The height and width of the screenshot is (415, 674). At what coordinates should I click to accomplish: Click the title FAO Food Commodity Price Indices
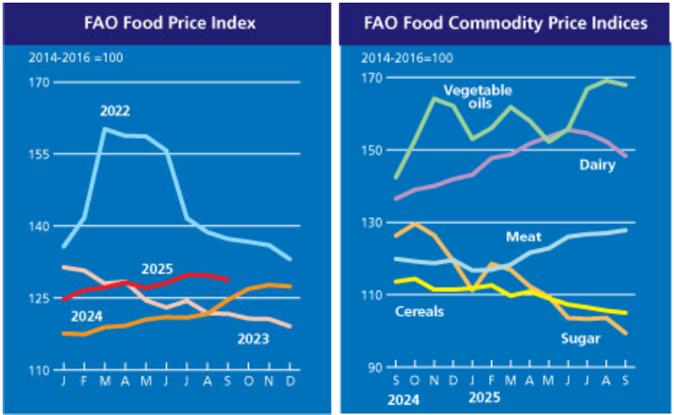(x=505, y=23)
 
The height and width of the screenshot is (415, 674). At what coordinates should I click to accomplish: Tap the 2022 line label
(x=116, y=112)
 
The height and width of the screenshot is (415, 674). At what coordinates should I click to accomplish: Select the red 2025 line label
(x=158, y=269)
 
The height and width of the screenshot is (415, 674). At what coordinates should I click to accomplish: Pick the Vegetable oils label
(x=479, y=97)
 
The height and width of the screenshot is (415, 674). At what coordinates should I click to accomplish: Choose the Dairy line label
(x=597, y=164)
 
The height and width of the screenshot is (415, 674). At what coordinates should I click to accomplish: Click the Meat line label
(x=524, y=237)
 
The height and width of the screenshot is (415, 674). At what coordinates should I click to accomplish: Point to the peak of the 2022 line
(x=106, y=128)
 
